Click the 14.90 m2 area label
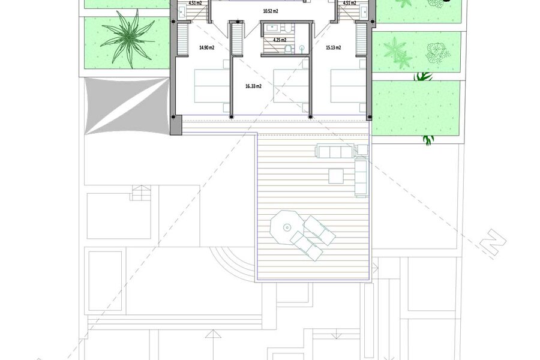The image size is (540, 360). pos(206,48)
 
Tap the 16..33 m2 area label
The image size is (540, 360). pos(253,86)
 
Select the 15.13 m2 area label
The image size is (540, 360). pos(334,48)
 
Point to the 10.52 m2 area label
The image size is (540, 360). pos(271,11)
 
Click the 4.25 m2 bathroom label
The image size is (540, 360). pos(280,40)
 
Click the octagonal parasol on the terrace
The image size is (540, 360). pos(287,227)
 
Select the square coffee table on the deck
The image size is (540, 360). pos(336,176)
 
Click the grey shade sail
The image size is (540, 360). pos(127,106)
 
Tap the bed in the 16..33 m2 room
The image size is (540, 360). pos(291,86)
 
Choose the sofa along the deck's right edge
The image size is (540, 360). pos(361,178)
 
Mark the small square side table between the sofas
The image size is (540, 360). pos(362,150)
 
